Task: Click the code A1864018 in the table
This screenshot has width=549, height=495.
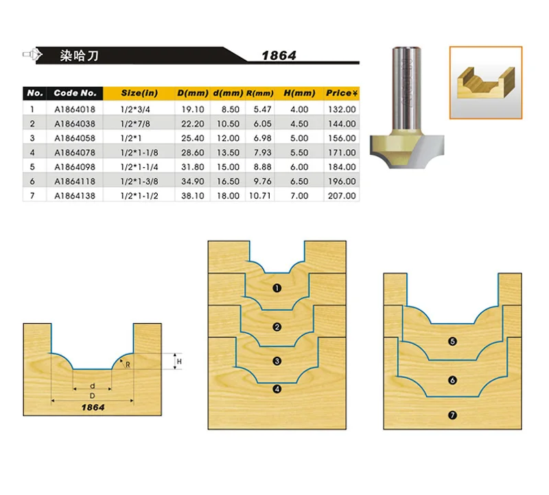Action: [75, 109]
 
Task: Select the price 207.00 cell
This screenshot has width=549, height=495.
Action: [342, 196]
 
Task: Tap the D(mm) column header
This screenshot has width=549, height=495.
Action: [193, 93]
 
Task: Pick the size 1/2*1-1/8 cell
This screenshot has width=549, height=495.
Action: [139, 153]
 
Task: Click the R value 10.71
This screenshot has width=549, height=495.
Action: [260, 196]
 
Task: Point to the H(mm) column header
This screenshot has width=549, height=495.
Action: [299, 93]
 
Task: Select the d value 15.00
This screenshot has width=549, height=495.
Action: [228, 167]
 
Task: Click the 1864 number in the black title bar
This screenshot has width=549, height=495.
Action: [279, 56]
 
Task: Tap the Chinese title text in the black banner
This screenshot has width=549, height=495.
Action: [79, 56]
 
